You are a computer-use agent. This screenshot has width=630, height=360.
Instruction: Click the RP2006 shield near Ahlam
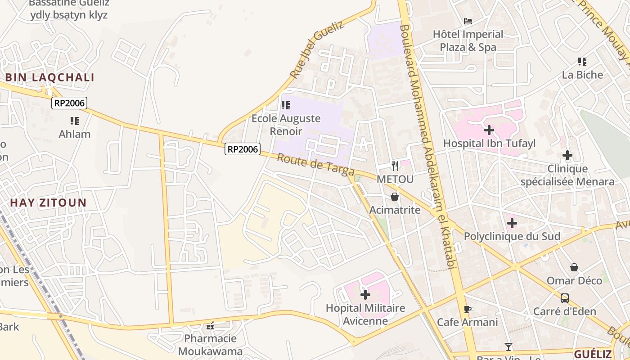[x=69, y=103]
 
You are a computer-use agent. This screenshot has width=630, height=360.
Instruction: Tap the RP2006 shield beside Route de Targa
[x=243, y=149]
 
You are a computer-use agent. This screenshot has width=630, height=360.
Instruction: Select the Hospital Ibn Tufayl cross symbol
[x=489, y=130]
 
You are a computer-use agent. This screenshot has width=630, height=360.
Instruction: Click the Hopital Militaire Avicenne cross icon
[x=365, y=295]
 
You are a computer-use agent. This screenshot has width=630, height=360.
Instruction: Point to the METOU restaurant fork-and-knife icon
[x=395, y=166]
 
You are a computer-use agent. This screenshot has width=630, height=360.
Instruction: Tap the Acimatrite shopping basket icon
[x=395, y=197]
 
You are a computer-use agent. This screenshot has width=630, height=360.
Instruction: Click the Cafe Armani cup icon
[x=468, y=309]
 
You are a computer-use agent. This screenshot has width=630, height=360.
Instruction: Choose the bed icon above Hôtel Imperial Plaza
[x=468, y=21]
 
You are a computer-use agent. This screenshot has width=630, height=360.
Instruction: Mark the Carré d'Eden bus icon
[x=564, y=298]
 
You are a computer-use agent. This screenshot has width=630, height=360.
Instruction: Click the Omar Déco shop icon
[x=574, y=267]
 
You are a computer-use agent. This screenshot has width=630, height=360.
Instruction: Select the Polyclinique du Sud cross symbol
[x=512, y=223]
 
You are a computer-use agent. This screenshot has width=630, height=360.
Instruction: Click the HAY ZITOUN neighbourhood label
[x=48, y=202]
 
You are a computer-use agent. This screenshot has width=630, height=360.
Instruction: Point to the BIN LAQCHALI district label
[x=49, y=77]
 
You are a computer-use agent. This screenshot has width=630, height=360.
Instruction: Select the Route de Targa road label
[x=315, y=165]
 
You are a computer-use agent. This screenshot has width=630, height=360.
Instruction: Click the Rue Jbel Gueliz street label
[x=317, y=49]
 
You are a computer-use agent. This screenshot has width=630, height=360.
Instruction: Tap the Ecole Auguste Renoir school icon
[x=286, y=105]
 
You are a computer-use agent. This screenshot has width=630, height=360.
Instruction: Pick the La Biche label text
[x=582, y=75]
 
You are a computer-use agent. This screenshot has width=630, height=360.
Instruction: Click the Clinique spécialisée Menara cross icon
[x=567, y=156]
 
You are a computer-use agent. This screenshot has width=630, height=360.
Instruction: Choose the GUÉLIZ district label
[x=593, y=354]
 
